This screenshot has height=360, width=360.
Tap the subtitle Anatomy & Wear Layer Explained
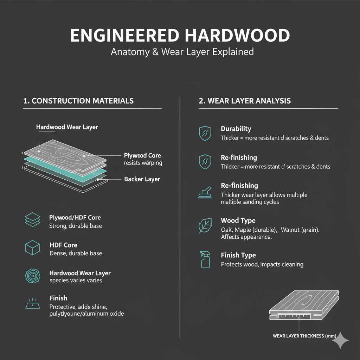pos(182,52)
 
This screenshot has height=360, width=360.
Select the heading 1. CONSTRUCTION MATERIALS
pos(78,101)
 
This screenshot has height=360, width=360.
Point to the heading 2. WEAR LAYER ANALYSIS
pos(245,101)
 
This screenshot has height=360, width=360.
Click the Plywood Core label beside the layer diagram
pos(142,155)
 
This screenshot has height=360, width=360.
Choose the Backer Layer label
pos(142,179)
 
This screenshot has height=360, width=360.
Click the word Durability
pos(236,129)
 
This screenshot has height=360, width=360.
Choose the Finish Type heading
pos(238,255)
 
